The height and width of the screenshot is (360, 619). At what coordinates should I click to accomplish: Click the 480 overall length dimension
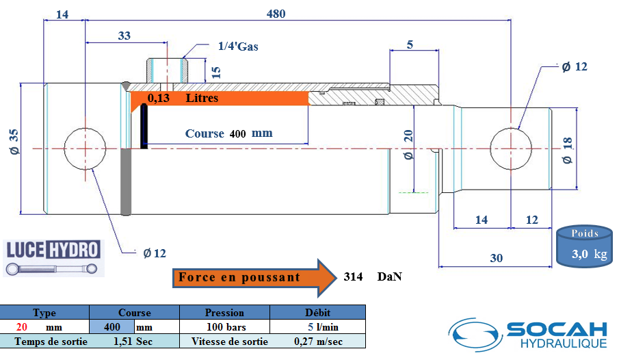coord(276,14)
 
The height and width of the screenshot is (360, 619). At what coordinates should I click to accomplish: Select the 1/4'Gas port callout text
coord(238,47)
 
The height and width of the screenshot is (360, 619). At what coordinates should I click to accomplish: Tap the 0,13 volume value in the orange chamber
coord(159,98)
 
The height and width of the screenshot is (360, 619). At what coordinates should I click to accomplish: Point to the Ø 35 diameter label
coord(14,142)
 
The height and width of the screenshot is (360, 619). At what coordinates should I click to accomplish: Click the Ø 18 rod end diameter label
coord(567,151)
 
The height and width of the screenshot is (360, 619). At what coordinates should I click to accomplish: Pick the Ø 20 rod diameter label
coord(408,144)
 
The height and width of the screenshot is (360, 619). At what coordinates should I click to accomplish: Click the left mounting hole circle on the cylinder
coord(85,149)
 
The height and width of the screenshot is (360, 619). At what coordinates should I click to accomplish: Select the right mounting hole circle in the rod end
coord(511,149)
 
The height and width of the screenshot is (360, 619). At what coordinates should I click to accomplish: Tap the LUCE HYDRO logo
coord(53,258)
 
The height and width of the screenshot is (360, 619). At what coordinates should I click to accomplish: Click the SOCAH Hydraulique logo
coord(528,334)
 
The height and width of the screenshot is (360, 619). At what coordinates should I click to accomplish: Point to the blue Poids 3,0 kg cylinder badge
coord(585,246)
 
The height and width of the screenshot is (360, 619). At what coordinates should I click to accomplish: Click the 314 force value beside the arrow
coord(353,277)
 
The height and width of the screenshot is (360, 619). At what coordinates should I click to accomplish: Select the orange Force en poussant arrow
coord(254,278)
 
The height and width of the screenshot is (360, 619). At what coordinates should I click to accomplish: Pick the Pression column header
coord(224,313)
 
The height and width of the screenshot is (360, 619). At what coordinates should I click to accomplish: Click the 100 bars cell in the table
coord(226,327)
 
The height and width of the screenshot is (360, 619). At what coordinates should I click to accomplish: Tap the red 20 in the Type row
coord(22,327)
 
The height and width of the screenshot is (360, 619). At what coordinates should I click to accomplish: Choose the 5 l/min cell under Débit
coord(323,327)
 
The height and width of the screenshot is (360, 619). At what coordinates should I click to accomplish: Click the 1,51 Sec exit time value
coord(133,342)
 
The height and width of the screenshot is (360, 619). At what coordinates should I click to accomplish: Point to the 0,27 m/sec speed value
coord(318,342)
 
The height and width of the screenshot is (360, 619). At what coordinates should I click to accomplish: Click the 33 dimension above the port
coord(124,36)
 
